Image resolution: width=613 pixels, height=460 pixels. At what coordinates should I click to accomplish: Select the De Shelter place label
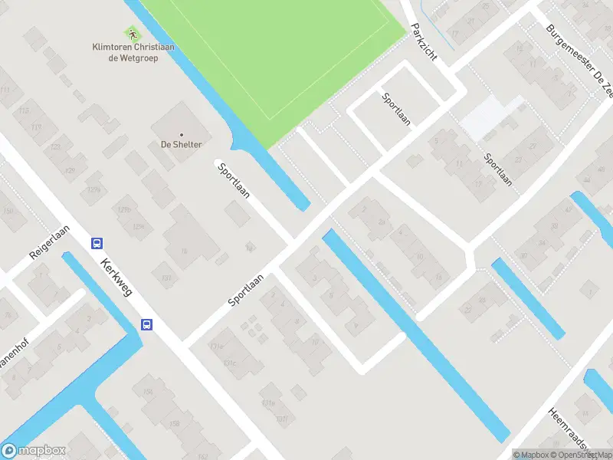182,144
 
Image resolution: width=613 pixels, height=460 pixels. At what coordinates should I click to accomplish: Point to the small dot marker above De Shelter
182,133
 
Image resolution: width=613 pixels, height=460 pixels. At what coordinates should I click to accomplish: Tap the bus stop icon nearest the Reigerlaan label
97,243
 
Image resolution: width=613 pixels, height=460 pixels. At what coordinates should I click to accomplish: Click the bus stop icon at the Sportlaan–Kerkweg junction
146,324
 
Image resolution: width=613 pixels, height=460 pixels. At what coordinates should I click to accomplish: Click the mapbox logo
34,451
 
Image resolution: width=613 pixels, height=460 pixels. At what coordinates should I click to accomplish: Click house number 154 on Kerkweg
148,394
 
